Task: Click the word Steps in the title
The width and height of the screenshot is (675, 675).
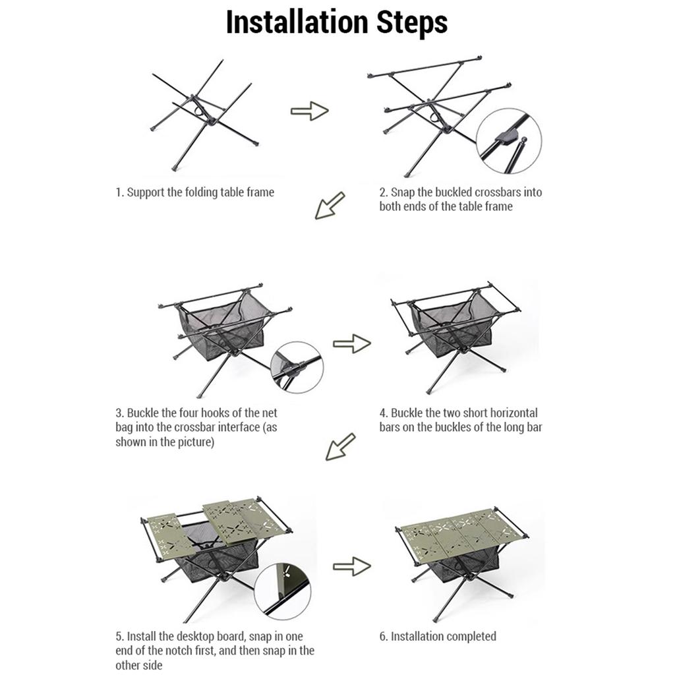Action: click(412, 22)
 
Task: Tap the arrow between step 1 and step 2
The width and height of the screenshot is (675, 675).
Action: click(310, 111)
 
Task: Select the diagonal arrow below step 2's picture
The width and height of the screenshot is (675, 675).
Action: click(330, 206)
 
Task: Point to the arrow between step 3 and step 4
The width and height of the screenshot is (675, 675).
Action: click(352, 343)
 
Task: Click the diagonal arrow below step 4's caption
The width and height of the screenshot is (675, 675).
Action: click(341, 447)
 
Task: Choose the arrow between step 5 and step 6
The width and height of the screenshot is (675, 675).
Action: click(352, 566)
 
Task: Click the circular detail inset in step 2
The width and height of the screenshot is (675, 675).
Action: click(509, 141)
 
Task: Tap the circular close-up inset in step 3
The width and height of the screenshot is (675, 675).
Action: click(297, 367)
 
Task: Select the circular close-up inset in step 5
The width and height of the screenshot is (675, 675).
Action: click(282, 591)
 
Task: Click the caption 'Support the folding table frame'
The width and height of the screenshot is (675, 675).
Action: click(200, 192)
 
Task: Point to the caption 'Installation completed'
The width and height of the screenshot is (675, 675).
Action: click(444, 636)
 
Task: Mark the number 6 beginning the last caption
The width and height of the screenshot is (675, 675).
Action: click(382, 636)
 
